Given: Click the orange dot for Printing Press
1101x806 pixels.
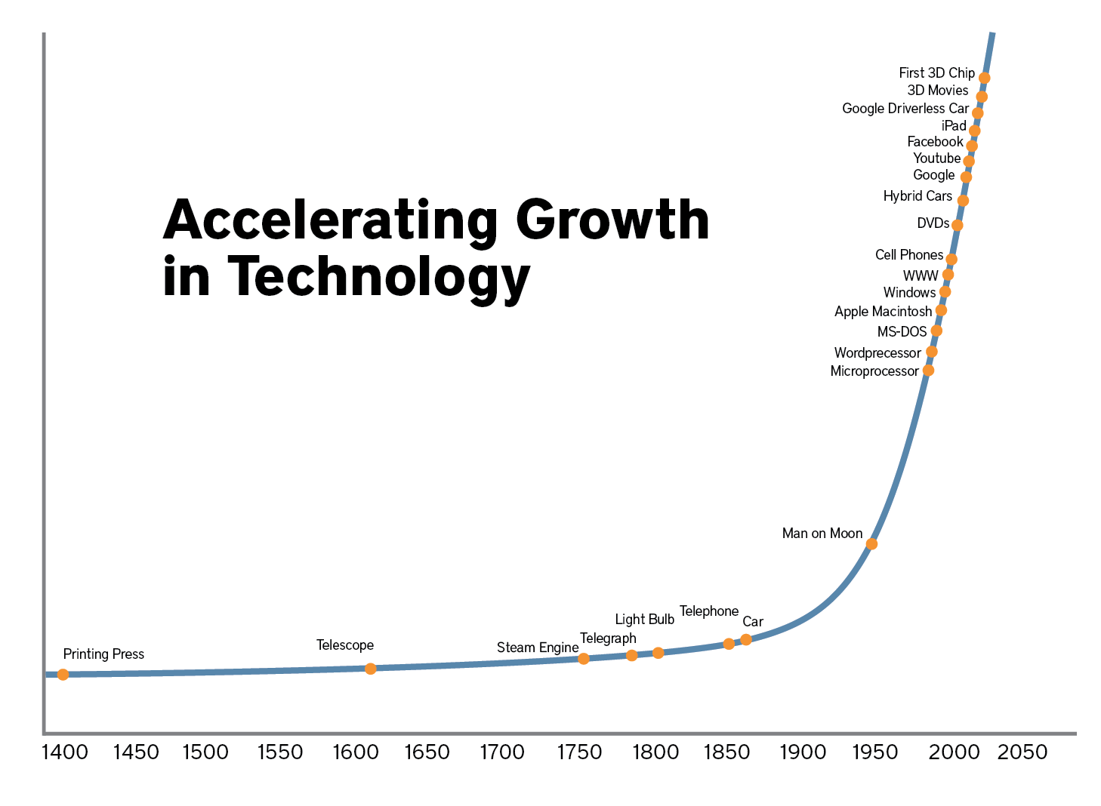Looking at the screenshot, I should [x=63, y=674].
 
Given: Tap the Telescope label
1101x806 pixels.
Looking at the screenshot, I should [x=345, y=645].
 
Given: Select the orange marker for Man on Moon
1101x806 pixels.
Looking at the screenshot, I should [x=871, y=544].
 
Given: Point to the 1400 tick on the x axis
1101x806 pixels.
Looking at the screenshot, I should [x=65, y=752].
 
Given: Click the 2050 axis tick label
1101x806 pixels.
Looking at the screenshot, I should [x=1022, y=752].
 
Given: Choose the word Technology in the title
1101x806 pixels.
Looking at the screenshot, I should [x=379, y=276].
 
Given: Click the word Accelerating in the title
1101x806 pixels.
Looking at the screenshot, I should [x=331, y=220].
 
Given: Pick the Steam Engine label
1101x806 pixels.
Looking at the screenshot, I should [x=537, y=648].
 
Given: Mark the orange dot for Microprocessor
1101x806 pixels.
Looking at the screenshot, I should [x=929, y=371].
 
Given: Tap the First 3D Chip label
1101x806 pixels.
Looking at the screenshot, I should [x=936, y=73].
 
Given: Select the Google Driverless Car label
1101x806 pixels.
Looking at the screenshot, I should [x=905, y=109].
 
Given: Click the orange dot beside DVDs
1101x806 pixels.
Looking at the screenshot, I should [x=957, y=226].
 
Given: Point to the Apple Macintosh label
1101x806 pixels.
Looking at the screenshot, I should [x=883, y=312].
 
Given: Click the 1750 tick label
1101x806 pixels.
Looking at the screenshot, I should [x=580, y=752].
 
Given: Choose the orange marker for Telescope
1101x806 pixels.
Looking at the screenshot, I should [x=371, y=669].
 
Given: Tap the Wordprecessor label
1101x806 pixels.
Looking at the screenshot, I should [x=877, y=353].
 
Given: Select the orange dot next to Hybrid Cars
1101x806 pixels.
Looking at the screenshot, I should [x=963, y=201].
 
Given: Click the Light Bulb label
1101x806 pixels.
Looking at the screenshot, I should [x=644, y=620].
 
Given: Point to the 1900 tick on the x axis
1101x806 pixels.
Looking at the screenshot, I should [x=803, y=752].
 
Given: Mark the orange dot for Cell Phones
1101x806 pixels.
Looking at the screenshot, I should [x=951, y=260].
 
